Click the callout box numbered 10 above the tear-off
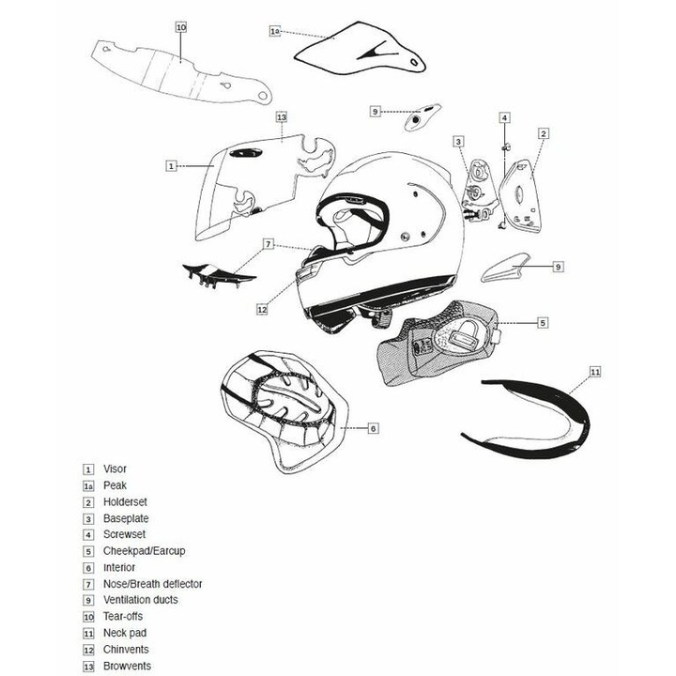click(181, 27)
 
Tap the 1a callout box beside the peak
click(275, 31)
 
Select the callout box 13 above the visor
click(282, 116)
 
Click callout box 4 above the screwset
click(505, 117)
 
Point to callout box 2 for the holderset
click(544, 133)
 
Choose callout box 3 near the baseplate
click(458, 142)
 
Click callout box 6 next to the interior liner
click(374, 428)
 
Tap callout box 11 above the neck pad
click(595, 372)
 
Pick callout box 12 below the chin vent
click(262, 309)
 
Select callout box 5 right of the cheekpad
click(543, 322)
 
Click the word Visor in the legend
click(115, 469)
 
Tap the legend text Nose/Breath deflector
click(153, 584)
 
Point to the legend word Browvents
click(127, 666)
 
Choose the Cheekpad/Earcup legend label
click(144, 551)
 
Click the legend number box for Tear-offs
click(88, 617)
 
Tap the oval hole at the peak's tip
click(414, 63)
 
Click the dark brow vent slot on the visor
click(246, 153)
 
